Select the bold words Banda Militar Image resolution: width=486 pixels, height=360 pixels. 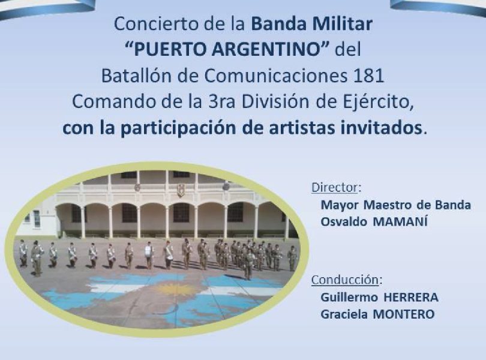(311, 24)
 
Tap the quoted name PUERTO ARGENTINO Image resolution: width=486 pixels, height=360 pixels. (227, 49)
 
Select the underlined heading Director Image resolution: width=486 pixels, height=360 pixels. (335, 187)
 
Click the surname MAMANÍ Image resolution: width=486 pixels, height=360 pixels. (400, 221)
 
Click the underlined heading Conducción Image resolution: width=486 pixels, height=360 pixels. (345, 280)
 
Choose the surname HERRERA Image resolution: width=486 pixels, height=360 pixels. (410, 298)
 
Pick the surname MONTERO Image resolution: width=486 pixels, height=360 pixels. (403, 314)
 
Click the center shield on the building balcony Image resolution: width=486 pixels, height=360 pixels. (181, 190)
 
